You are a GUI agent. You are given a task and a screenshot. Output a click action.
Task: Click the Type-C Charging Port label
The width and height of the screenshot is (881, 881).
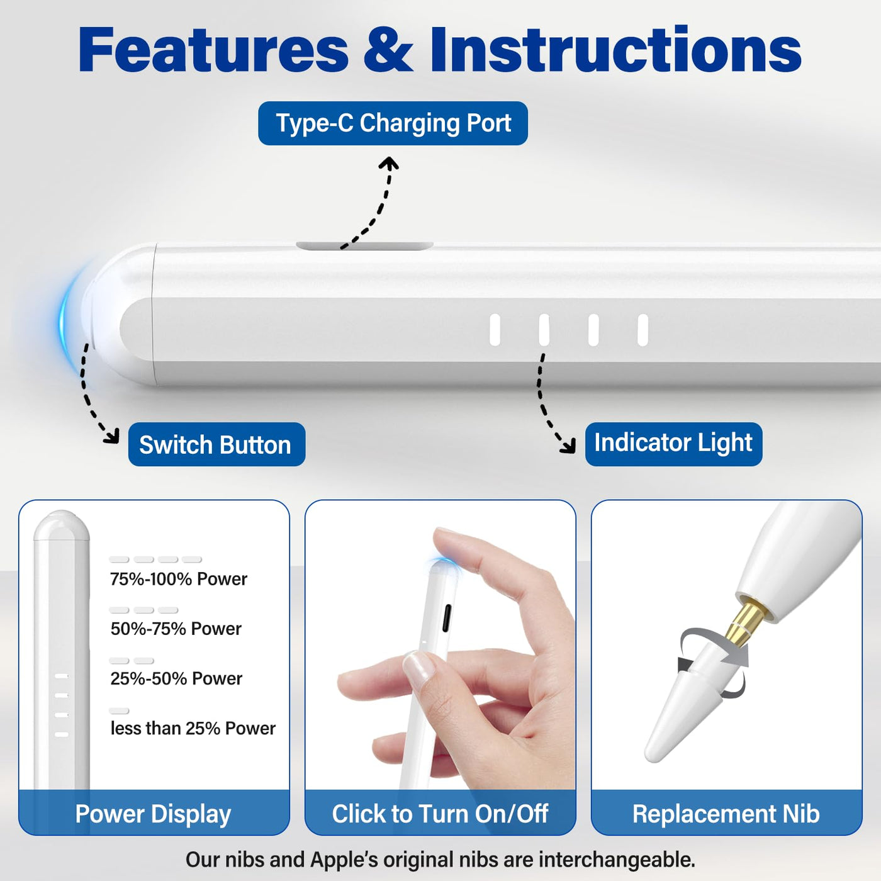click(393, 123)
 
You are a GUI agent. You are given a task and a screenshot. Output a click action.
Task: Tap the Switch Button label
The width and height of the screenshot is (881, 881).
click(216, 444)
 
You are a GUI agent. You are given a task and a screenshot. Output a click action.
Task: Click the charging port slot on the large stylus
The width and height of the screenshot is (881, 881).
click(365, 246)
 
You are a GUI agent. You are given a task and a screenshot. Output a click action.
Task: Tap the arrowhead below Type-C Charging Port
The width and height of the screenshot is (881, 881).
click(389, 163)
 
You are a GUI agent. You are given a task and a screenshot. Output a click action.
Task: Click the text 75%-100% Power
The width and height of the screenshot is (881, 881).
click(178, 579)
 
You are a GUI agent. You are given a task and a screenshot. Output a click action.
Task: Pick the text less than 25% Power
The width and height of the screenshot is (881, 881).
click(193, 728)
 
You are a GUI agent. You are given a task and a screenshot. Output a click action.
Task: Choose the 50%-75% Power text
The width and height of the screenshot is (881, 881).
click(176, 629)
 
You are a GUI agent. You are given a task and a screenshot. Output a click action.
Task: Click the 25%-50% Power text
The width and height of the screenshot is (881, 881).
click(176, 678)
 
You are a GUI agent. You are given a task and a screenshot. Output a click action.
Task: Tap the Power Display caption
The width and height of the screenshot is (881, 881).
click(153, 814)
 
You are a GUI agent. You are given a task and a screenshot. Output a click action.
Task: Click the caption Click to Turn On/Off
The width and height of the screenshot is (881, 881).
click(440, 813)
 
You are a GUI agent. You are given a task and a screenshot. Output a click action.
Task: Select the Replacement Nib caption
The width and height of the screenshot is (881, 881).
click(726, 813)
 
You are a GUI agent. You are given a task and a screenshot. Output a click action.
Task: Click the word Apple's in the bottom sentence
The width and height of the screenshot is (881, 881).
click(344, 860)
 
